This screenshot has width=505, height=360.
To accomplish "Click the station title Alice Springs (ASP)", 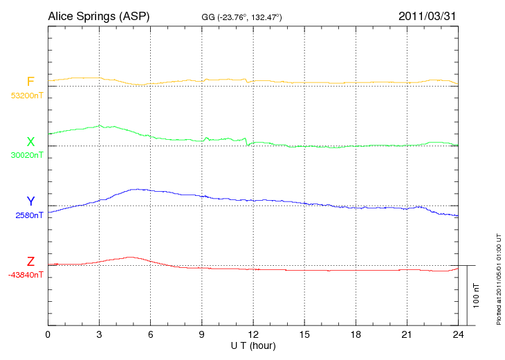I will (x=98, y=16).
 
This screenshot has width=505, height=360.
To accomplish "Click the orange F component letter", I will (x=30, y=82).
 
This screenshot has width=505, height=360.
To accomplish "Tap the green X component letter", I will (x=30, y=142).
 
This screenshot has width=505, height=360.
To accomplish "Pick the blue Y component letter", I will (x=30, y=201).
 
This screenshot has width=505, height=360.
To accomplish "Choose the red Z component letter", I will (x=30, y=262).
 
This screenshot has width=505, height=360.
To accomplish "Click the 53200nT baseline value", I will (x=27, y=96).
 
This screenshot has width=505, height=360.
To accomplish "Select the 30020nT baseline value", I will (x=27, y=155).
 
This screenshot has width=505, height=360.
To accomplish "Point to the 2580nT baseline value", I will (x=29, y=215).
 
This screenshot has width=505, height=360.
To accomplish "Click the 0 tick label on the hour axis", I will (x=48, y=335).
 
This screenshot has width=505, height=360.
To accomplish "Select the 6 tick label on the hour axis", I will (x=151, y=335).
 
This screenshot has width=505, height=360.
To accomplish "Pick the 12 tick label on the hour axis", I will (x=253, y=335).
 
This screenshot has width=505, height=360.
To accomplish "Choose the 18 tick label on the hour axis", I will (x=356, y=335).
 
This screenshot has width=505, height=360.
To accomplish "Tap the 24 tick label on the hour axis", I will (x=458, y=335).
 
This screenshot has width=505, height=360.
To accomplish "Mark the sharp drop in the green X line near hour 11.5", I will (x=247, y=142).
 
